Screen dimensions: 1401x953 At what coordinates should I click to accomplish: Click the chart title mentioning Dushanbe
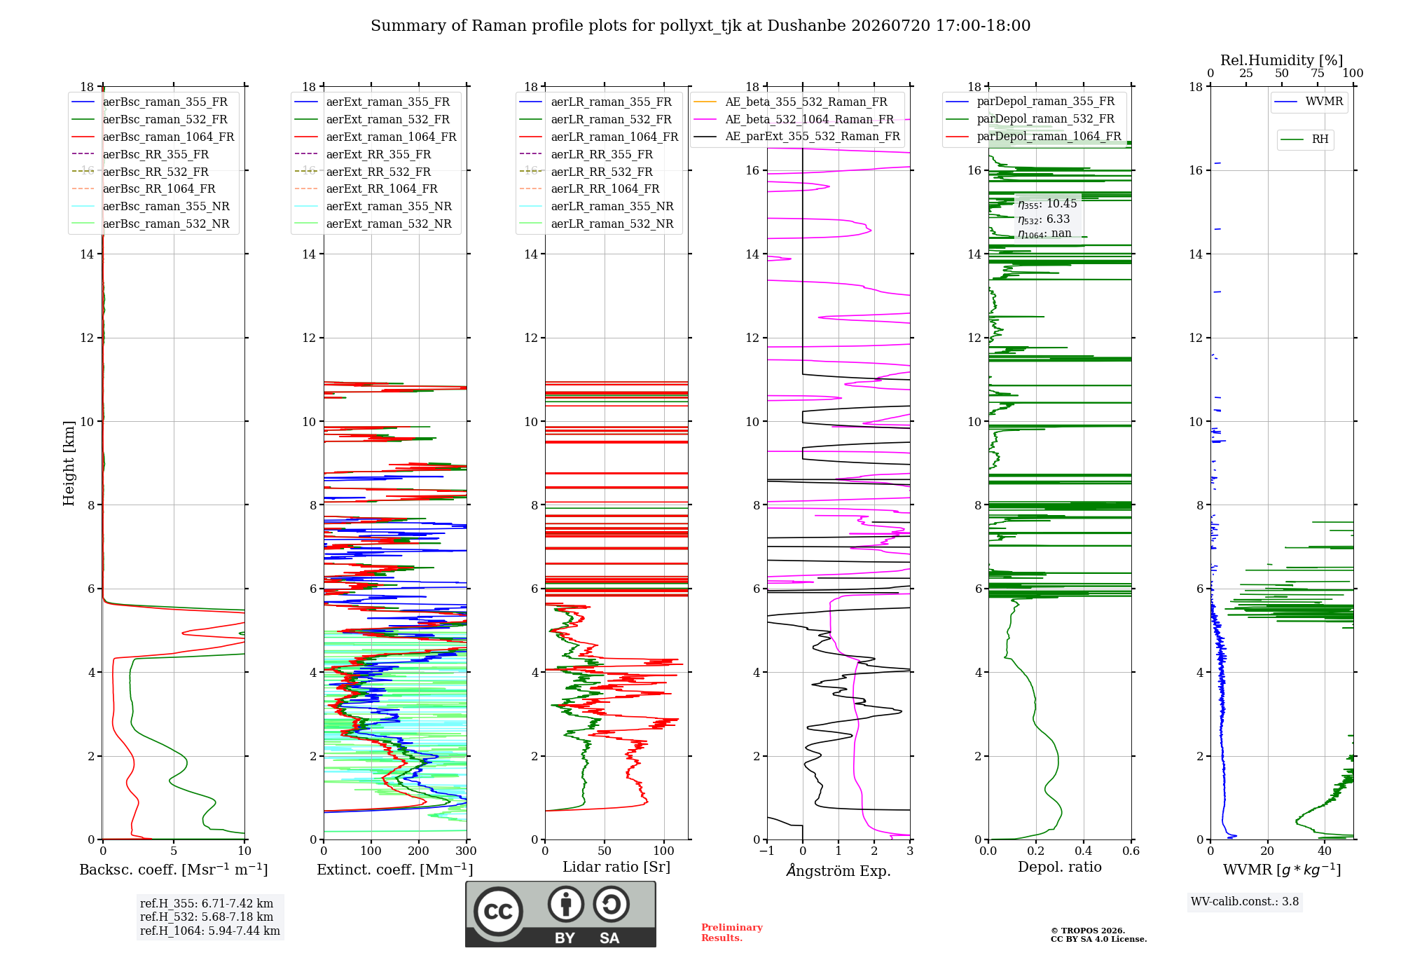(x=700, y=26)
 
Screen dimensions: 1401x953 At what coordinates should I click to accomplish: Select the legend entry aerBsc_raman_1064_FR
(x=153, y=137)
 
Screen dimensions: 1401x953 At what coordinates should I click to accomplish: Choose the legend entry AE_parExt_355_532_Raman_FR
(x=797, y=136)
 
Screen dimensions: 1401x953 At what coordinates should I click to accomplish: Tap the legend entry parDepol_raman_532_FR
(x=1030, y=118)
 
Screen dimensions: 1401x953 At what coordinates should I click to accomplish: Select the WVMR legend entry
(x=1309, y=102)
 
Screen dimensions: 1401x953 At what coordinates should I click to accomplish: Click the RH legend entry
(x=1305, y=139)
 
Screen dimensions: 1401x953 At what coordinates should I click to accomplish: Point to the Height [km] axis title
(x=69, y=463)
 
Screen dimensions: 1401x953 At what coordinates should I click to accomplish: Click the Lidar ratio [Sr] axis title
(x=616, y=867)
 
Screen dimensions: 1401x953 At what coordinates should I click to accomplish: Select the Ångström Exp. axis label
(x=838, y=870)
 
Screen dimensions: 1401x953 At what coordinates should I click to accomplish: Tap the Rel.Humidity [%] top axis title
(x=1282, y=60)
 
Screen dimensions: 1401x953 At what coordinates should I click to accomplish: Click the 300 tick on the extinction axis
(x=467, y=851)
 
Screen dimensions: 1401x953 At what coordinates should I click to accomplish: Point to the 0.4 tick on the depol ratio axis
(x=1084, y=851)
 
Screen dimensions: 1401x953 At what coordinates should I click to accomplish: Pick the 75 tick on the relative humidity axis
(x=1318, y=73)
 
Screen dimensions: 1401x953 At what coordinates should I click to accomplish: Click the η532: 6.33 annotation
(x=1044, y=219)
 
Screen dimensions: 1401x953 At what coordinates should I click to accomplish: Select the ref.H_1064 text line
(x=210, y=931)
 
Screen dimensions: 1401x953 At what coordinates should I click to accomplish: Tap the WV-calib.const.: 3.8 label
(x=1245, y=901)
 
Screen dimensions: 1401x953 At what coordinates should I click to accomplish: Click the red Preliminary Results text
(x=732, y=933)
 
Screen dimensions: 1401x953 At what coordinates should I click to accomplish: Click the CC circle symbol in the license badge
(x=498, y=911)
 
